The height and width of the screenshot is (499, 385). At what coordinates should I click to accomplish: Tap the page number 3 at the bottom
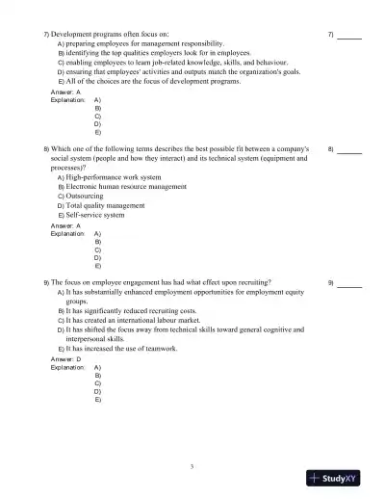point(192,466)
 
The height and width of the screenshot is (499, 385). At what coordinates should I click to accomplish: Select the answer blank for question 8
point(349,150)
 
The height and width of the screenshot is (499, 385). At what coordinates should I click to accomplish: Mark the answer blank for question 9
point(349,283)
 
